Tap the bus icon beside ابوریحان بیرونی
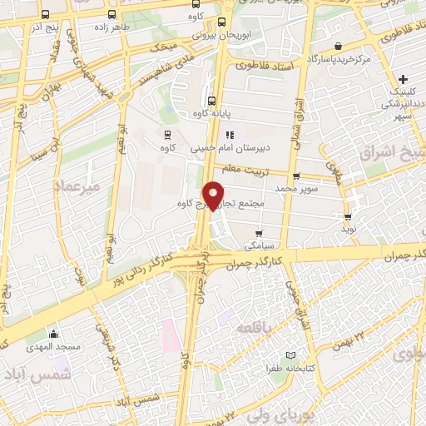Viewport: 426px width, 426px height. pyautogui.click(x=221, y=22)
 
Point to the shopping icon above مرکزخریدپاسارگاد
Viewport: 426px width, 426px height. pyautogui.click(x=338, y=47)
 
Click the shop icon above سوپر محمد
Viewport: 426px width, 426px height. pyautogui.click(x=296, y=176)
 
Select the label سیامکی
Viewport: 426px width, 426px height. pyautogui.click(x=258, y=246)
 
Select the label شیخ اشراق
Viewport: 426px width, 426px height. pyautogui.click(x=391, y=152)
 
